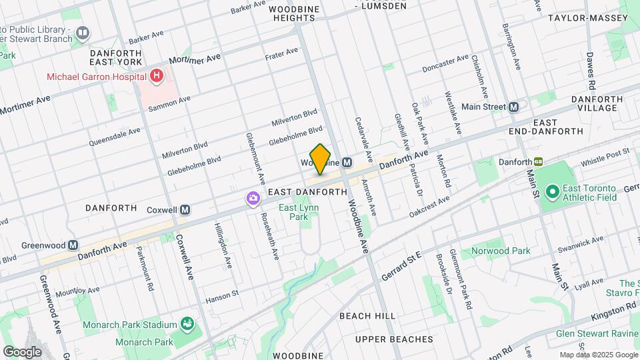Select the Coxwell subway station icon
pyautogui.click(x=185, y=210)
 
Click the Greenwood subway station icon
pyautogui.click(x=72, y=245)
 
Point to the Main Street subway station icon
pyautogui.click(x=513, y=107)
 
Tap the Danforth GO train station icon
pyautogui.click(x=538, y=161)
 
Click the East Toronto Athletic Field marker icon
pyautogui.click(x=551, y=193)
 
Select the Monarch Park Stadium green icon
pyautogui.click(x=188, y=325)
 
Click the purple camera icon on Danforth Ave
pyautogui.click(x=253, y=198)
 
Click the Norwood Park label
pyautogui.click(x=500, y=251)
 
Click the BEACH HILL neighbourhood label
pyautogui.click(x=367, y=315)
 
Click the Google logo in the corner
pyautogui.click(x=22, y=351)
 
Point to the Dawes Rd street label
pyautogui.click(x=590, y=71)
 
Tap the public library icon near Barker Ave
pyautogui.click(x=83, y=31)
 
